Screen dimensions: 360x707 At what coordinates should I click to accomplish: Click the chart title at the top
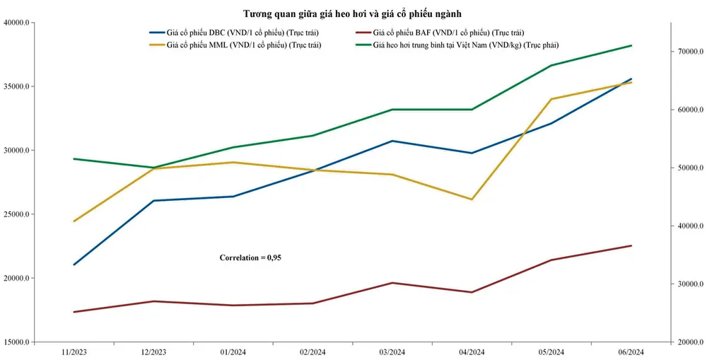(x=353, y=13)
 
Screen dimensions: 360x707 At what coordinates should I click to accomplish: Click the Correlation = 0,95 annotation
(x=250, y=257)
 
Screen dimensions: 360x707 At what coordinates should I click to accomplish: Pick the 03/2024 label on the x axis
(x=392, y=352)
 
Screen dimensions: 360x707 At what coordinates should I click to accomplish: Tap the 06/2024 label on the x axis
(x=631, y=352)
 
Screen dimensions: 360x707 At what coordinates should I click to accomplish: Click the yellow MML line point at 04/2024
(x=472, y=199)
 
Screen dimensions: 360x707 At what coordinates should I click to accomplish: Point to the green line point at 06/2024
(x=631, y=45)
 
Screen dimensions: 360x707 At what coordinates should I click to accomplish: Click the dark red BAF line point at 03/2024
(x=392, y=283)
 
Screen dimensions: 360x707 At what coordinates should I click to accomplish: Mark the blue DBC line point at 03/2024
(x=392, y=141)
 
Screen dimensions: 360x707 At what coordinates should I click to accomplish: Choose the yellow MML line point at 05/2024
(x=551, y=99)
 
